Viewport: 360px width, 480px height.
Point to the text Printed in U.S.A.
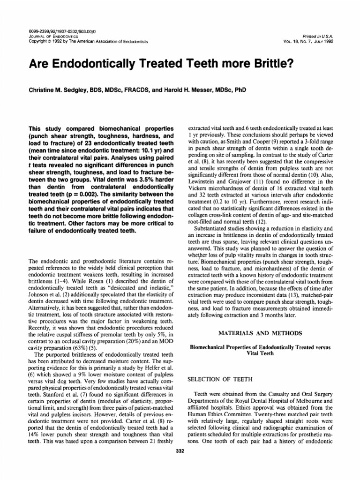click(320, 36)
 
